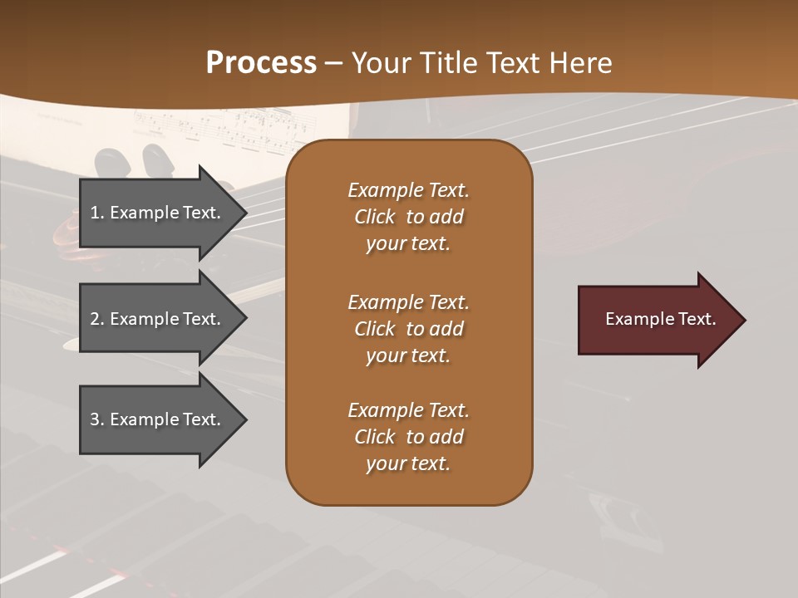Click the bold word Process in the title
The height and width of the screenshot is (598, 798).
[261, 63]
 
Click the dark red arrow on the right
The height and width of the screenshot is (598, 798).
[657, 320]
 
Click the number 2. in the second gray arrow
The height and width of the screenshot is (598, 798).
[97, 319]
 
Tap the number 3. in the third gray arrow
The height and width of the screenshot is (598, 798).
[97, 419]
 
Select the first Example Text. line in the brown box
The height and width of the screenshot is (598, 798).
[408, 190]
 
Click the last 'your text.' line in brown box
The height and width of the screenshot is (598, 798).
[408, 463]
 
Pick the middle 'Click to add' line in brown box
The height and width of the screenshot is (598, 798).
[408, 329]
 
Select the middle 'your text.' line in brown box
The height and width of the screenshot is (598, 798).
[408, 355]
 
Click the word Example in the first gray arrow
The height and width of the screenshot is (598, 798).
[145, 213]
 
